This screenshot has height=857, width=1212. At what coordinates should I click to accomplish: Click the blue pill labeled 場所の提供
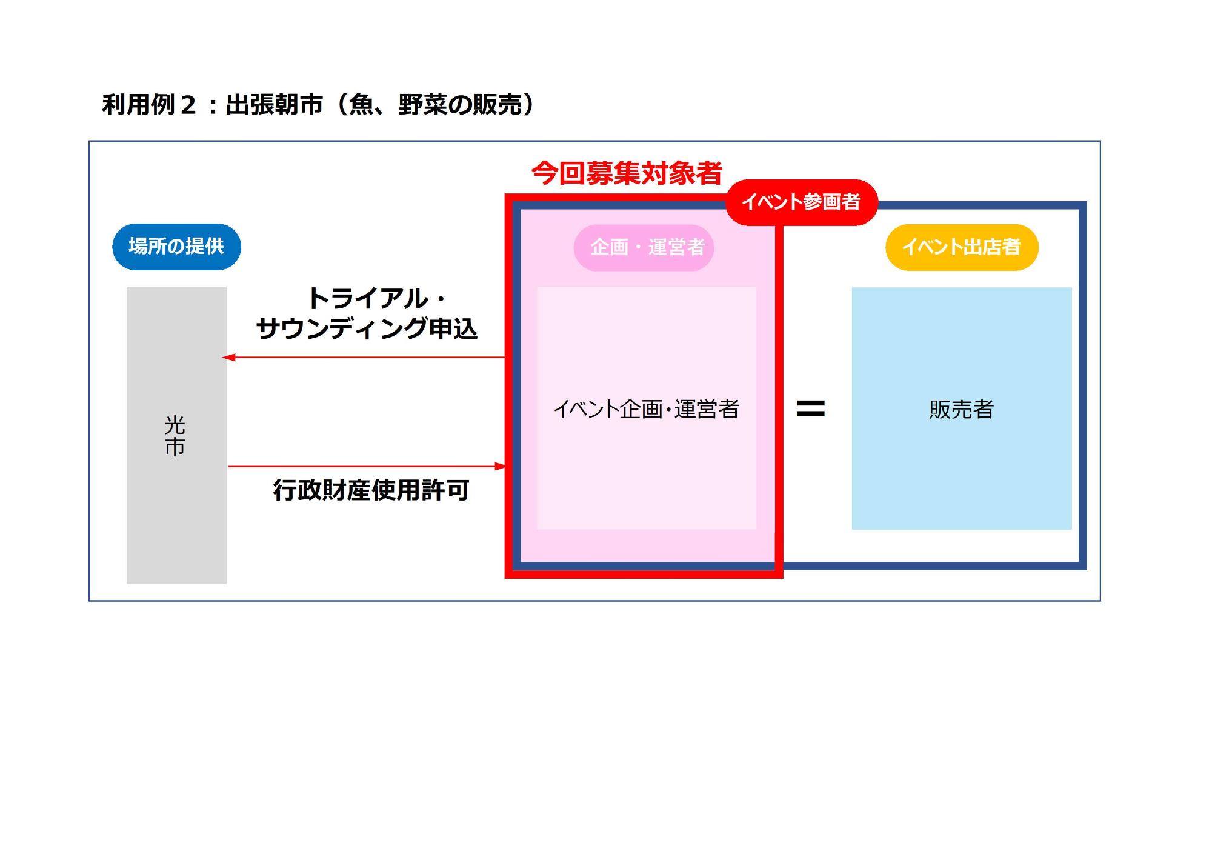(x=176, y=247)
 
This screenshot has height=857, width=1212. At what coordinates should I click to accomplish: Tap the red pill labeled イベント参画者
(x=801, y=202)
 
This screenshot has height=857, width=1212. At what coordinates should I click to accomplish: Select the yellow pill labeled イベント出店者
(x=962, y=247)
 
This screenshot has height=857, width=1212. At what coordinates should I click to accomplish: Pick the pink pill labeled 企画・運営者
(x=644, y=247)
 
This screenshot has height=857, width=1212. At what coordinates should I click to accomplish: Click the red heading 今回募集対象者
(x=627, y=173)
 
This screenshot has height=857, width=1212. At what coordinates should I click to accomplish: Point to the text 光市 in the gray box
(x=175, y=436)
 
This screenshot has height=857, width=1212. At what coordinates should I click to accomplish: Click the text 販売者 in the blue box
(x=962, y=410)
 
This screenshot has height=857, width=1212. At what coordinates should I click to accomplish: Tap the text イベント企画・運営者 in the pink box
(x=646, y=409)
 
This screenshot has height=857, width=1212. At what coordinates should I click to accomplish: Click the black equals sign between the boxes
(x=811, y=408)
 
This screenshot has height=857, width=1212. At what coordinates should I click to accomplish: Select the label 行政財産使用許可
(x=371, y=490)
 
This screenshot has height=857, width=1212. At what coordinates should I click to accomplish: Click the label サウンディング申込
(x=367, y=328)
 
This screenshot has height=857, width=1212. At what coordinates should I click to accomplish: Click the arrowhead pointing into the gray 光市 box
(x=228, y=358)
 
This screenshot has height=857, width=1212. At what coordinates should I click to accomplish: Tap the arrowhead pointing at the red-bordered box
(x=501, y=466)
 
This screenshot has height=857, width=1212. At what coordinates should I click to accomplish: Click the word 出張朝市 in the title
(x=274, y=105)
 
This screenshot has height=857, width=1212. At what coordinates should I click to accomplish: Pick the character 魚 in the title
(x=362, y=105)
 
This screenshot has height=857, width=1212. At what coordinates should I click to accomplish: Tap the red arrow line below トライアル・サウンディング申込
(x=364, y=358)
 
